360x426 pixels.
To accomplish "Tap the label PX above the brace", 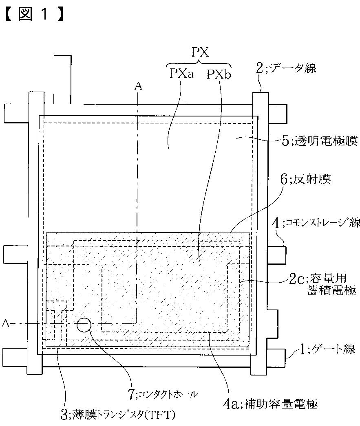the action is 200,53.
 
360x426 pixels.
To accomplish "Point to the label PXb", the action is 218,75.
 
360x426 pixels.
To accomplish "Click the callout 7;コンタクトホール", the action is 163,393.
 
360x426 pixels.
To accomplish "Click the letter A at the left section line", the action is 6,323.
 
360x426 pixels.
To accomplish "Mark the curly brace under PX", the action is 199,64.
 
